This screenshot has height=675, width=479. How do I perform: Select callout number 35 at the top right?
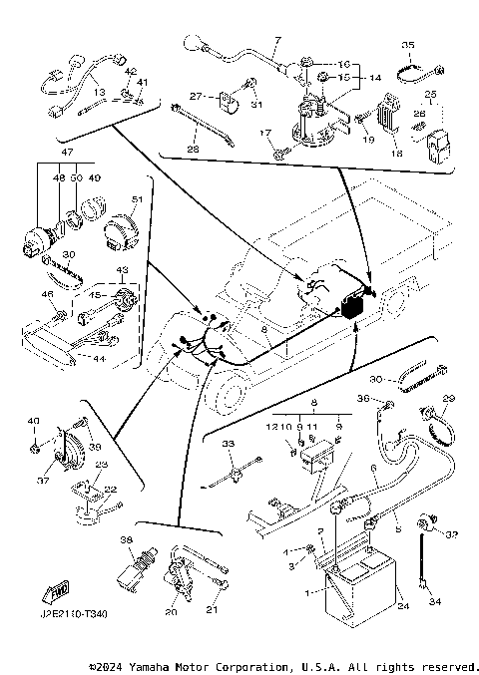click(x=406, y=46)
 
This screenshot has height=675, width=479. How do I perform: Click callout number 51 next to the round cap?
click(x=137, y=199)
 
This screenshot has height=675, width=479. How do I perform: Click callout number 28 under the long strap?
click(x=193, y=150)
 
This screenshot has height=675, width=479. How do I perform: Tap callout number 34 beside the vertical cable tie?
click(x=434, y=603)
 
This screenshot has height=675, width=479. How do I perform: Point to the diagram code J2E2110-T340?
click(x=74, y=613)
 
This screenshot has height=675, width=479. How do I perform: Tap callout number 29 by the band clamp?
click(x=448, y=400)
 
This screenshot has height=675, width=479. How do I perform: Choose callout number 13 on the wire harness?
click(x=100, y=91)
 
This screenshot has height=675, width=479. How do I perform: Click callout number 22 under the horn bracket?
click(x=111, y=489)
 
